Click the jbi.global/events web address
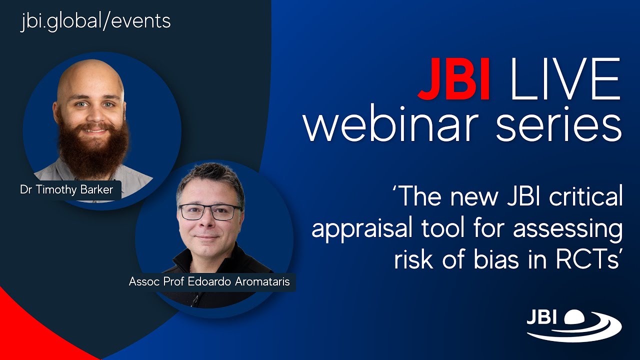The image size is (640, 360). point(95,21)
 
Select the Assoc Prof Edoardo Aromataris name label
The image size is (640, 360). point(209,281)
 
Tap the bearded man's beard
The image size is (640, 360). point(92,150)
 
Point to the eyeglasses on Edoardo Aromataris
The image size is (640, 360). point(210,212)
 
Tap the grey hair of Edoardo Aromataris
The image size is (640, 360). point(210,177)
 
